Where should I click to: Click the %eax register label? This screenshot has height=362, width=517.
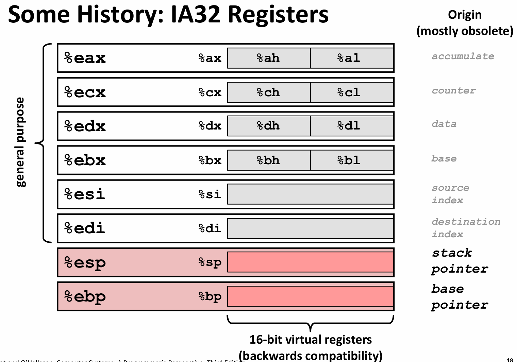click(85, 58)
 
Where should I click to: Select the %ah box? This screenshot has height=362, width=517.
click(268, 58)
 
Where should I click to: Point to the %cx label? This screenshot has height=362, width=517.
click(210, 92)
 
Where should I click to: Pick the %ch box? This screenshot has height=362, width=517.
click(268, 92)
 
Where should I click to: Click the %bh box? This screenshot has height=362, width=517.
click(268, 160)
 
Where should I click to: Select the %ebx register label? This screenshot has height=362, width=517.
click(85, 160)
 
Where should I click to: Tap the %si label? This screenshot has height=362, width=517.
click(210, 194)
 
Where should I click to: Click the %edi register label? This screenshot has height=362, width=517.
click(85, 228)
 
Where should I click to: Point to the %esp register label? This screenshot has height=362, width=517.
click(85, 263)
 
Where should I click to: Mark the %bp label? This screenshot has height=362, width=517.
click(210, 297)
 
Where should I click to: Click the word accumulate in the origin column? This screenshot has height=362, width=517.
click(463, 56)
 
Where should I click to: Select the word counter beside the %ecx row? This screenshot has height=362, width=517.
click(454, 91)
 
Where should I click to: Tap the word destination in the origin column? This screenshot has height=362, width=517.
click(466, 222)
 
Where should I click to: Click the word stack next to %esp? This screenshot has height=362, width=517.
click(452, 253)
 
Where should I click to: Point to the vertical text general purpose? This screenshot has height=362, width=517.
click(20, 142)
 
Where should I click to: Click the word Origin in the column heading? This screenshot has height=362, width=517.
click(465, 15)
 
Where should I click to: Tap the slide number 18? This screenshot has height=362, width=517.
click(510, 360)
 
